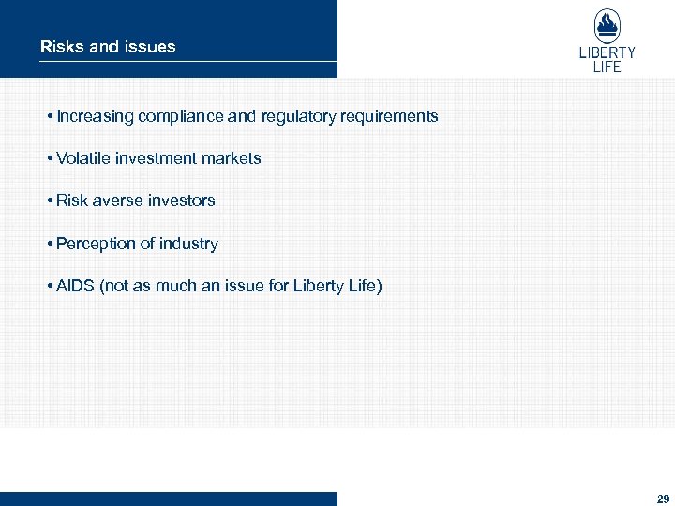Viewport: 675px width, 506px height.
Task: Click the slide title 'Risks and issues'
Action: coord(108,46)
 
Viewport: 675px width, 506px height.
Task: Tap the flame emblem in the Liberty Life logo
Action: coord(607,25)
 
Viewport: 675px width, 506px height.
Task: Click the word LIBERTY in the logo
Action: coord(607,53)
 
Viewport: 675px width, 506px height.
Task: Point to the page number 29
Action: coord(664,499)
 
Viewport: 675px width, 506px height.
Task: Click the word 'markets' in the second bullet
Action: coord(233,158)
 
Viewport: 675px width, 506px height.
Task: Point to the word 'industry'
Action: coord(188,244)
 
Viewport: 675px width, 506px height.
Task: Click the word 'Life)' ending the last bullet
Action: coord(365,286)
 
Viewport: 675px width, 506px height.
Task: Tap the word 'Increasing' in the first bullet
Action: coord(95,117)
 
